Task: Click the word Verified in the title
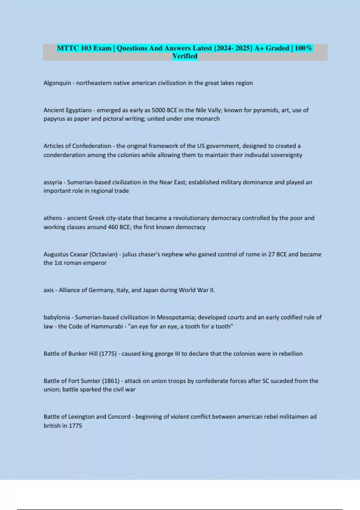coord(185,56)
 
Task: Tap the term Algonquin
coord(57,83)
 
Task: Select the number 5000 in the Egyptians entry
coord(158,110)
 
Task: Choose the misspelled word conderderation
coord(64,155)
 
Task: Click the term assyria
coord(52,182)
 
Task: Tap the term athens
coord(52,218)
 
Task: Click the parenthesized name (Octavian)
coord(103,254)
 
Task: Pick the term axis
coord(49,290)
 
